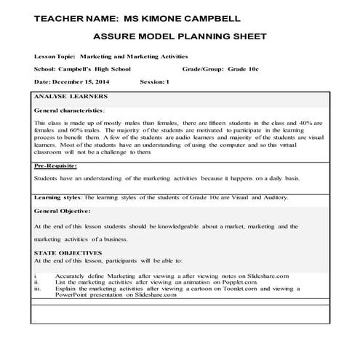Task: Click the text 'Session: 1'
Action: tap(154, 82)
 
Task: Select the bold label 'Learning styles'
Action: tap(58, 197)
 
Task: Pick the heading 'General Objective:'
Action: tap(63, 211)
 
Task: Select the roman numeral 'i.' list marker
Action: tap(36, 276)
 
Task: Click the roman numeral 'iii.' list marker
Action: tap(38, 289)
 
